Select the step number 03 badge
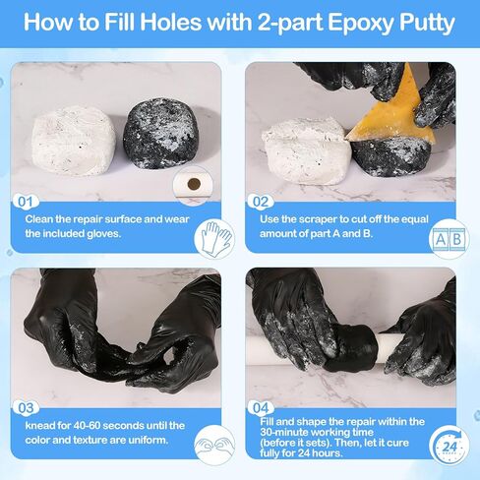click(x=27, y=406)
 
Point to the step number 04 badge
click(x=262, y=406)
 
